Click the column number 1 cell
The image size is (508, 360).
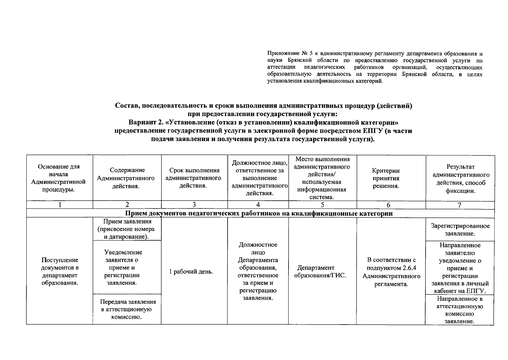(60, 205)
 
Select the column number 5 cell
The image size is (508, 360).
(322, 205)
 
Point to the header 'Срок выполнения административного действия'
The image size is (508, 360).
(194, 178)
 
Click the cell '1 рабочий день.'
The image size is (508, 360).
(191, 272)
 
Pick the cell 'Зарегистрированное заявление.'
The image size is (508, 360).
(460, 229)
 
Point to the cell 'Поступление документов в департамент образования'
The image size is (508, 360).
(60, 271)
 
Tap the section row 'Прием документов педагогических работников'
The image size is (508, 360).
(259, 214)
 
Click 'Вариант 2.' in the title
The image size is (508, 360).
(147, 123)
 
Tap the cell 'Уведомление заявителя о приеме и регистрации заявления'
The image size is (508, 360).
(123, 267)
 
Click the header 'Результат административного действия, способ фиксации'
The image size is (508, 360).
(460, 178)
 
